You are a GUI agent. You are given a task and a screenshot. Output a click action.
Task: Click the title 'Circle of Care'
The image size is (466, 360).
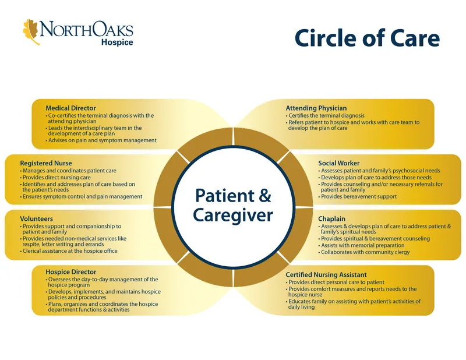pos(366,38)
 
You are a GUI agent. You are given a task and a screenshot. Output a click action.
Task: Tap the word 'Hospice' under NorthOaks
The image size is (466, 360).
pos(117,43)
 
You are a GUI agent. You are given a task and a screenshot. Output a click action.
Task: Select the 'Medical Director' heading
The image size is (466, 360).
pos(70,108)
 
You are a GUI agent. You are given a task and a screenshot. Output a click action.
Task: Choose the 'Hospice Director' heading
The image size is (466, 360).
pos(71,271)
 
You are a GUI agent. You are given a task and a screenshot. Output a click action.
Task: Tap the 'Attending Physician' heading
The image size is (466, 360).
pos(316,108)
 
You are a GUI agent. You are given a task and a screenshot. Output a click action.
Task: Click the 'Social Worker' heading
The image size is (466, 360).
pos(338,163)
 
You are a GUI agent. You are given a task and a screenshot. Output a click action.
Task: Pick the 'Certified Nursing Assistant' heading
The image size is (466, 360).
pos(326,274)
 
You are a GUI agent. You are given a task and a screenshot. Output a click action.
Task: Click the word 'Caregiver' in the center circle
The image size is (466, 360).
pos(232,216)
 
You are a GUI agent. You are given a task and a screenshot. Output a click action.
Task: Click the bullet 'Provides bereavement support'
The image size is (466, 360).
pos(359,197)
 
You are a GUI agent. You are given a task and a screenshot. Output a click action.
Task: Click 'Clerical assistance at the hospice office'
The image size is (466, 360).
pos(70,251)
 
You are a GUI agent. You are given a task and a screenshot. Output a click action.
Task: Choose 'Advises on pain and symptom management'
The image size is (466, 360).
pos(103,140)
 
